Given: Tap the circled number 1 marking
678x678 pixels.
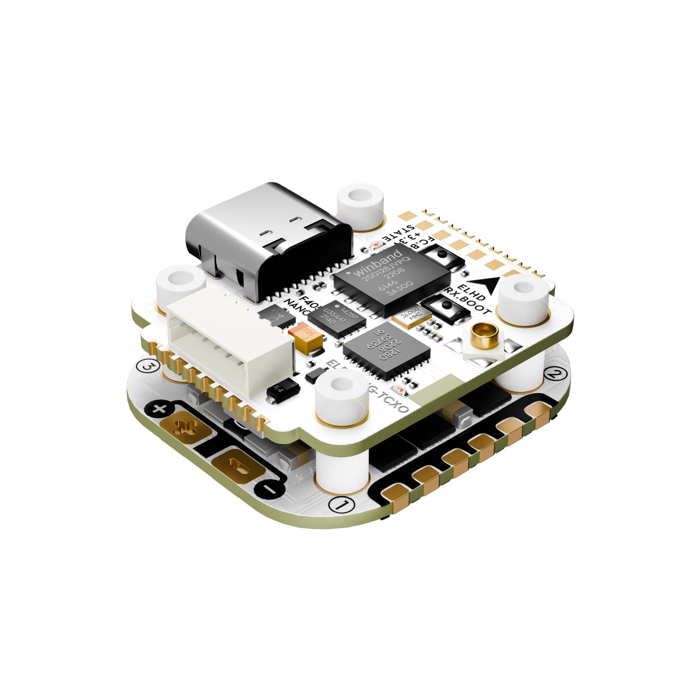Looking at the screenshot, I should coord(341,504).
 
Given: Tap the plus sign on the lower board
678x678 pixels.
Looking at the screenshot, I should coord(160,409).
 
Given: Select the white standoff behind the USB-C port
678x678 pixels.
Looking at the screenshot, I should coord(361,204).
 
